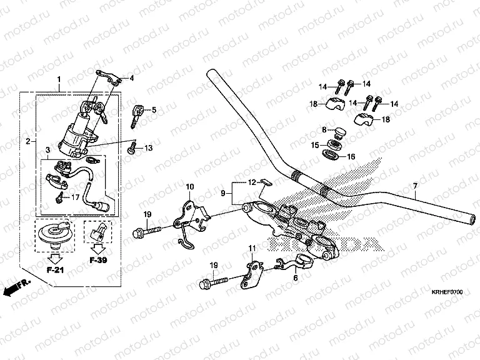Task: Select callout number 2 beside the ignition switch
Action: click(28, 142)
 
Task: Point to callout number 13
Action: click(149, 148)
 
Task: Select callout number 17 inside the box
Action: click(76, 197)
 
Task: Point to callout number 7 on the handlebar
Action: click(414, 186)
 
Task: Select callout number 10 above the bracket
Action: click(190, 186)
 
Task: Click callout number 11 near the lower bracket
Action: click(253, 249)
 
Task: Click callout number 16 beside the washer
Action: click(351, 157)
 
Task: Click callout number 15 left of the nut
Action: click(316, 145)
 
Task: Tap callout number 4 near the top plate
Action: click(132, 79)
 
